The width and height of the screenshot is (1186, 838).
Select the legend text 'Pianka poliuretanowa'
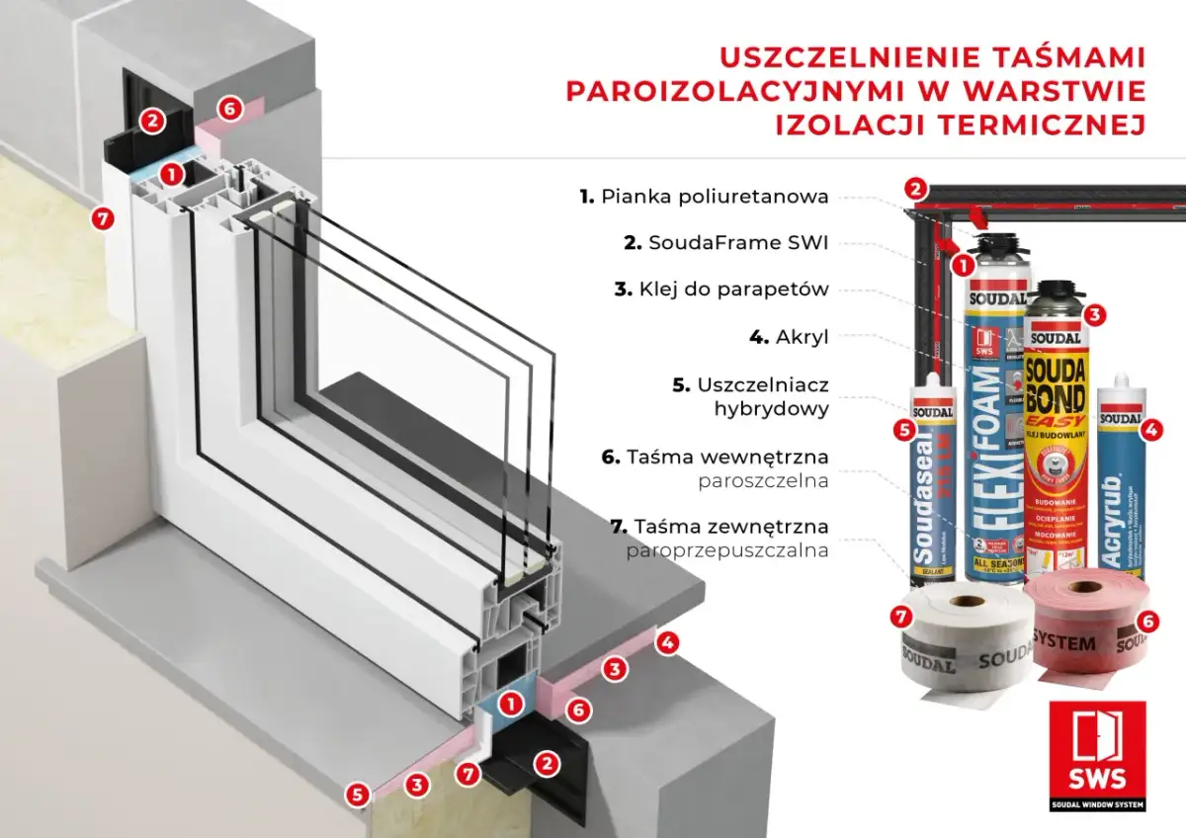(x=714, y=197)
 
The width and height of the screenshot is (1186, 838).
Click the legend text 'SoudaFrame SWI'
(x=737, y=243)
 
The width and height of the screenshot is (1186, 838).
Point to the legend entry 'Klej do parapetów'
(x=731, y=290)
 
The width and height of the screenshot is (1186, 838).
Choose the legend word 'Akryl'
(x=801, y=336)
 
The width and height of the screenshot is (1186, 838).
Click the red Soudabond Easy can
(x=1057, y=435)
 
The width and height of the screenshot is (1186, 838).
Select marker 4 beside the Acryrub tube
(x=1149, y=429)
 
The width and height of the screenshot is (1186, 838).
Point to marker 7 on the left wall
(x=101, y=217)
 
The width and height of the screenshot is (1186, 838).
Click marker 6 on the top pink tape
(x=228, y=109)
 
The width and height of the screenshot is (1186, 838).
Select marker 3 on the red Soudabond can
(x=1093, y=315)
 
